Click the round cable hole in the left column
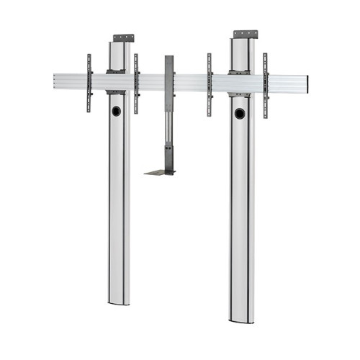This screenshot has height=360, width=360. (x=117, y=112)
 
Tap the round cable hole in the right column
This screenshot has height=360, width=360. (x=239, y=113)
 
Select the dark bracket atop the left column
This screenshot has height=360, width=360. (x=122, y=37)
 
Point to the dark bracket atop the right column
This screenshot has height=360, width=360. (x=246, y=34)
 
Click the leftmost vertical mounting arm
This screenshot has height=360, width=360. (x=89, y=83)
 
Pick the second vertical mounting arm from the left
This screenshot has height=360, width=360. (x=136, y=83)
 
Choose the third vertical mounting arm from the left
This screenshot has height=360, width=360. (x=210, y=84)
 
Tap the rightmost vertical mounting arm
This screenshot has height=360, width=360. (x=265, y=85)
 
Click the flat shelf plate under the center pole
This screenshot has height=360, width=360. (x=160, y=172)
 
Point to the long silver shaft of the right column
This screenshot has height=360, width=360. (x=243, y=216)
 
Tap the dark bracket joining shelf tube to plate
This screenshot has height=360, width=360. (x=170, y=158)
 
